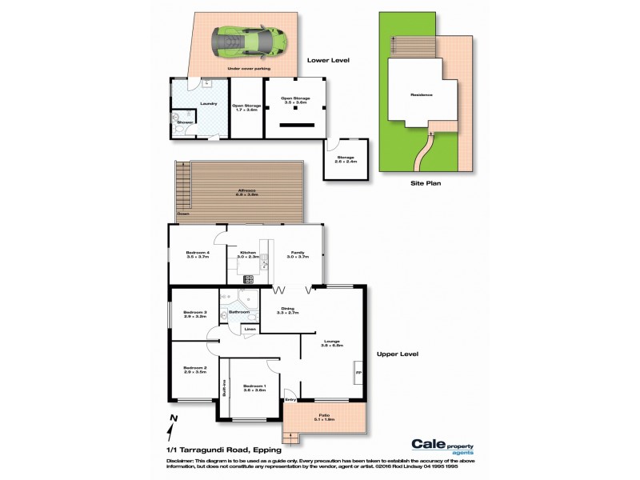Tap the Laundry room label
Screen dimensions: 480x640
point(210,103)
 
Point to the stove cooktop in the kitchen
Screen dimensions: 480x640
point(248,278)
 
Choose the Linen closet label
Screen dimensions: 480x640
point(250,329)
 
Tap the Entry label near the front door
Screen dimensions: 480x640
point(290,399)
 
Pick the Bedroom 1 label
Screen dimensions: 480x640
point(254,386)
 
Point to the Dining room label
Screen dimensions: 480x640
point(287,309)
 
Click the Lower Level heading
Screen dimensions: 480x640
point(329,60)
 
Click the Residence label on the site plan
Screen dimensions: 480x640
point(422,94)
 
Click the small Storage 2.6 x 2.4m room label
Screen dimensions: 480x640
point(346,158)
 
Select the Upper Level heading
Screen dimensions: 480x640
point(397,354)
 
